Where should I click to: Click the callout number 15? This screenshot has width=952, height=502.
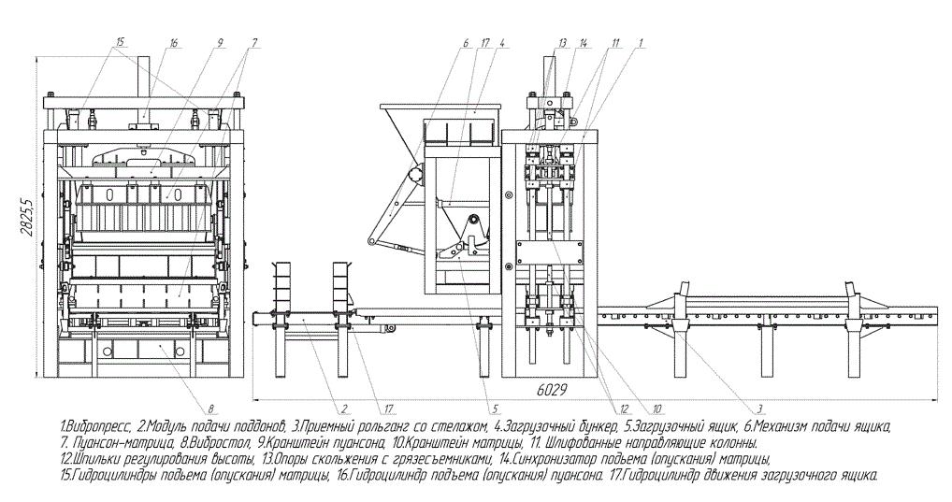point(120,42)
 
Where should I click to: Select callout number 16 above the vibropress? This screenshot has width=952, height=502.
point(174,42)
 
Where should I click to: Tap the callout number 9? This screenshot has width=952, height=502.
point(221,42)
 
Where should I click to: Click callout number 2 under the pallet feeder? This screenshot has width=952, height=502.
point(343,408)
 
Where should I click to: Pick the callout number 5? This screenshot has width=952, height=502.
point(496,408)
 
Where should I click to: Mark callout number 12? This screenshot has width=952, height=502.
point(626,408)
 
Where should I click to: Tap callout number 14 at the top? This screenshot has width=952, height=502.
point(584,42)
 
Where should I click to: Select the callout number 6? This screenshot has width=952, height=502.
point(467,42)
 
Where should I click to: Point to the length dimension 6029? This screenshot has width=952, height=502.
point(552,390)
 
